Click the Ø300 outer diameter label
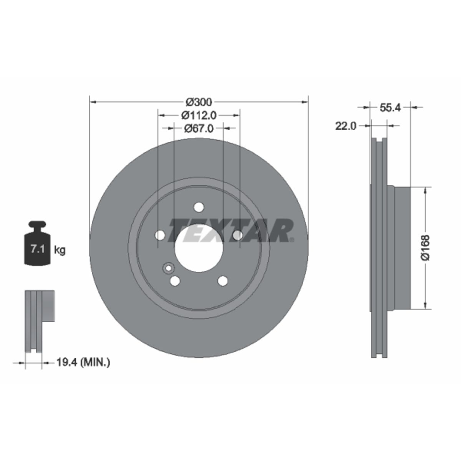point(199,102)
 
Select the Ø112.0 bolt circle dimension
point(199,115)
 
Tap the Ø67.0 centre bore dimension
point(199,128)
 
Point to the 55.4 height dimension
point(390,108)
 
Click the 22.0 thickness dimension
point(346,126)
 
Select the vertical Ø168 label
point(425,247)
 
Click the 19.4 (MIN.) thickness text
point(83,362)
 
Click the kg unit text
point(60,250)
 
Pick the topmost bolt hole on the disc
point(199,207)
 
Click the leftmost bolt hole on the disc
point(159,235)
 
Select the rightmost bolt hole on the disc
point(238,235)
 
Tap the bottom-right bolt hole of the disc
point(223,281)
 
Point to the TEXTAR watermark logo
point(230,230)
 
